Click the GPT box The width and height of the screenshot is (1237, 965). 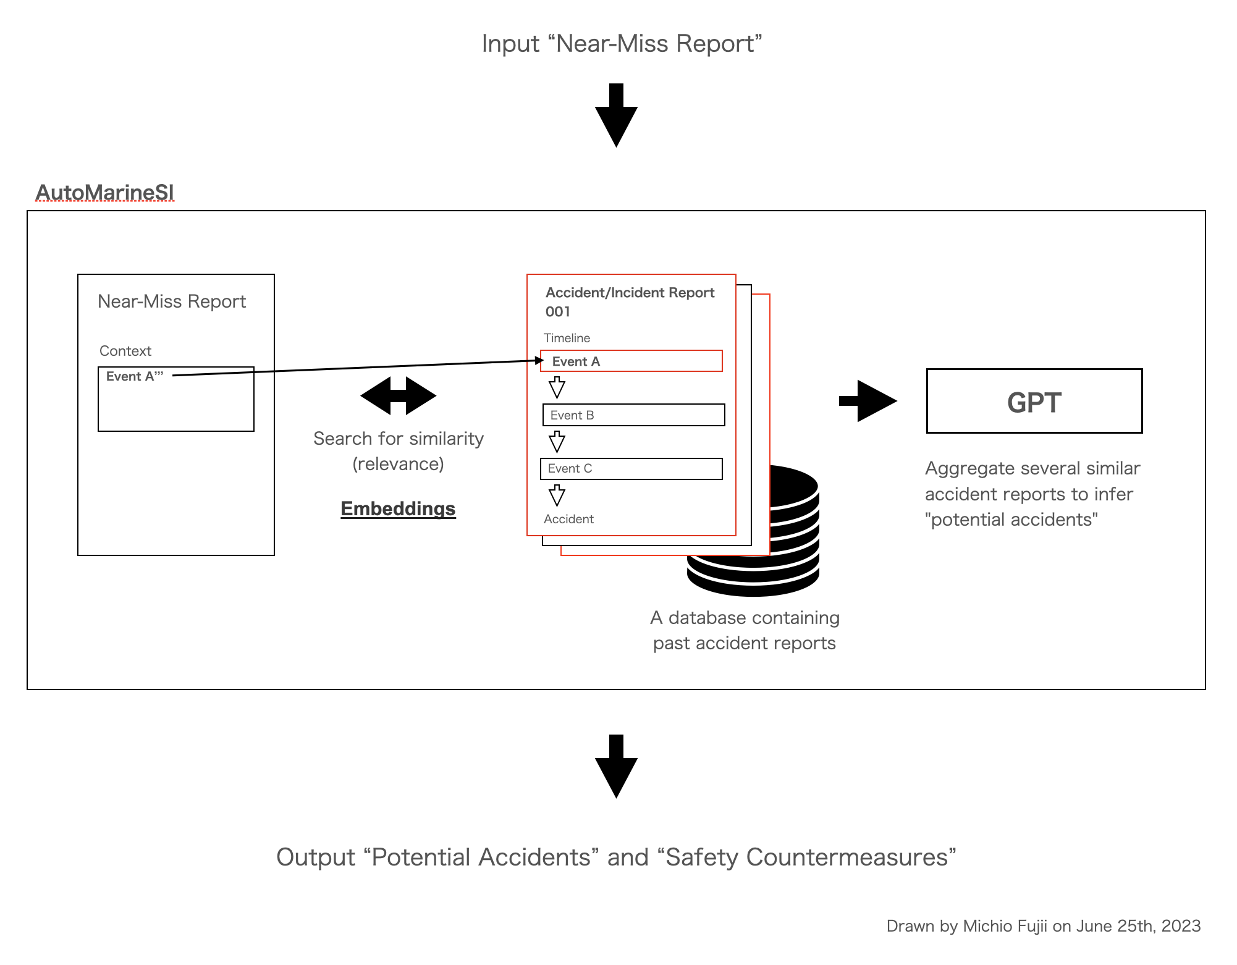(x=1034, y=402)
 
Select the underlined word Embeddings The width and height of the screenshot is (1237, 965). (x=398, y=508)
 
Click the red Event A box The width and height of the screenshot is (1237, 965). (x=631, y=361)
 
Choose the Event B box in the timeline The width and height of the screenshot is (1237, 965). (x=633, y=415)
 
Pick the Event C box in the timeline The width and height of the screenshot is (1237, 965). (x=631, y=469)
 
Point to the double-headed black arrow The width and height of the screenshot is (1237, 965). (x=399, y=396)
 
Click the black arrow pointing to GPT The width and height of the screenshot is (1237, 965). (x=868, y=401)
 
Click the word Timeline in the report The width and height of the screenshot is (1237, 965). (x=567, y=338)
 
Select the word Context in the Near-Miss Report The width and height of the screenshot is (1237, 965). (x=125, y=351)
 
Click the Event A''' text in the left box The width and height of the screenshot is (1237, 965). (x=135, y=376)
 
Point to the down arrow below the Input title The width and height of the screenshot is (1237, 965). (x=616, y=115)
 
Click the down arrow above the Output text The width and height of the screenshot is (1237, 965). (x=616, y=766)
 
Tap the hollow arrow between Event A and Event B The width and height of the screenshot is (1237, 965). (x=557, y=388)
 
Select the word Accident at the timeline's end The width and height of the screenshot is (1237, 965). (x=568, y=519)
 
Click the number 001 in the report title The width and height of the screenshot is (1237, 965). (x=558, y=312)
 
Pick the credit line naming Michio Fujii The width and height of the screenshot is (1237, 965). (x=1043, y=925)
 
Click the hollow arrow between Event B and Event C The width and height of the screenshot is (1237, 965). (x=557, y=442)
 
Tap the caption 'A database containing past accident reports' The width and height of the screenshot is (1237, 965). (x=745, y=630)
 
